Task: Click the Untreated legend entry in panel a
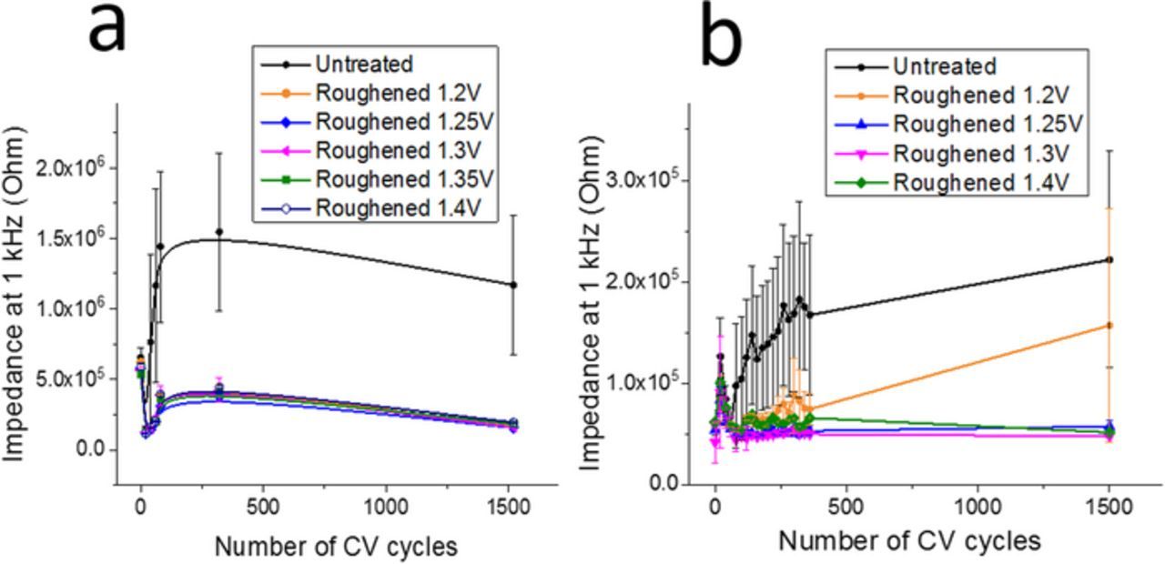(x=364, y=64)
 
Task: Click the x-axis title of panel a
(x=335, y=546)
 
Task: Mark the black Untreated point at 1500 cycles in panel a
(x=513, y=285)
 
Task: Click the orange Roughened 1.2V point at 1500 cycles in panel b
(x=1109, y=325)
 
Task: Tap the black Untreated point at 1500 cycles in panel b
(x=1109, y=259)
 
